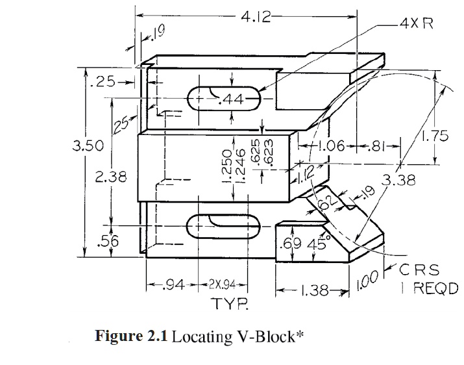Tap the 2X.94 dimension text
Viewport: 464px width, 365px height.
point(225,284)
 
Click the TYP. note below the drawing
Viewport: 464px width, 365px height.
point(226,303)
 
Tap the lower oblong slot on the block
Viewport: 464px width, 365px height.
point(225,226)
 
